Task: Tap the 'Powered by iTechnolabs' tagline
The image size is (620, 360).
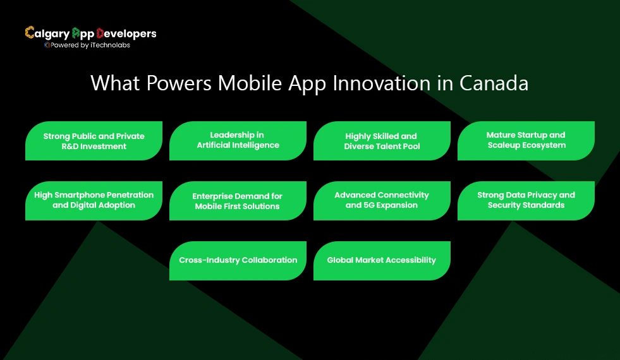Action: [90, 45]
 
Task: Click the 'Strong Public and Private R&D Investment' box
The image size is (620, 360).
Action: [94, 141]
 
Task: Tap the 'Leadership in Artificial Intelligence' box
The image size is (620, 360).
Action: [238, 140]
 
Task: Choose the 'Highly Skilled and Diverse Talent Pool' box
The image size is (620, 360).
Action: [382, 141]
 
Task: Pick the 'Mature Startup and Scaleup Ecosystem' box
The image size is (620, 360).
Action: [526, 140]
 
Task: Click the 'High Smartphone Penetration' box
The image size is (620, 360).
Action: [94, 200]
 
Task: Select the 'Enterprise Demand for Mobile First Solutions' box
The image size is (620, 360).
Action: [238, 201]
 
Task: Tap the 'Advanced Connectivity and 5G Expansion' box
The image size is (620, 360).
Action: [382, 200]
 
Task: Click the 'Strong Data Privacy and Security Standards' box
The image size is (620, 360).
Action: [526, 200]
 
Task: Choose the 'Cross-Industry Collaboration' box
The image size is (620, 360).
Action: [238, 260]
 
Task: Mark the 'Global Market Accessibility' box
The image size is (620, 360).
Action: [382, 260]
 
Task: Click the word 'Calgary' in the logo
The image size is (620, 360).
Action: [47, 33]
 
